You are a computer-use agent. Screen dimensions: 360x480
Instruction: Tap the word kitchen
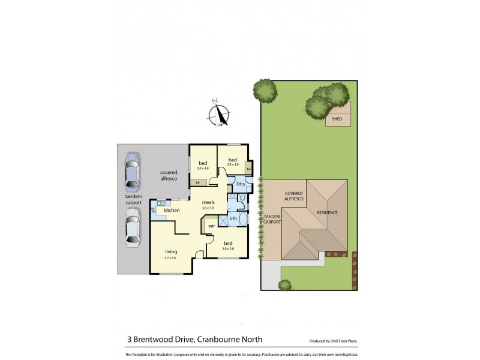click(172, 211)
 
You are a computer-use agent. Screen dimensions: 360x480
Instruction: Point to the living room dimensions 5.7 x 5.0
click(170, 258)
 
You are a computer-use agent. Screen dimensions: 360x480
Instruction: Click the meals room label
click(208, 202)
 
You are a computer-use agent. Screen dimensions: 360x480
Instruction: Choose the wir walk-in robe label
click(212, 226)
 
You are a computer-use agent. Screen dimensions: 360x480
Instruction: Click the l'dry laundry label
click(240, 184)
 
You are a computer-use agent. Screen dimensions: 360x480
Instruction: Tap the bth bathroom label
click(233, 219)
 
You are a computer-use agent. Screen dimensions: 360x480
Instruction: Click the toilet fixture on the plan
click(241, 196)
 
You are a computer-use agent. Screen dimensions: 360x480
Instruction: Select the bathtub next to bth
click(243, 219)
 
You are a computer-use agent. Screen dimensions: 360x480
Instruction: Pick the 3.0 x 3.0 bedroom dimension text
click(232, 164)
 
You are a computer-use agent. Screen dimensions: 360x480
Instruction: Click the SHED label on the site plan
click(337, 119)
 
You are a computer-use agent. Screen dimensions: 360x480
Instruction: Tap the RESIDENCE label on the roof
click(328, 213)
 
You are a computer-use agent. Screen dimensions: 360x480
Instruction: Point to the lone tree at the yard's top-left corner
click(265, 91)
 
